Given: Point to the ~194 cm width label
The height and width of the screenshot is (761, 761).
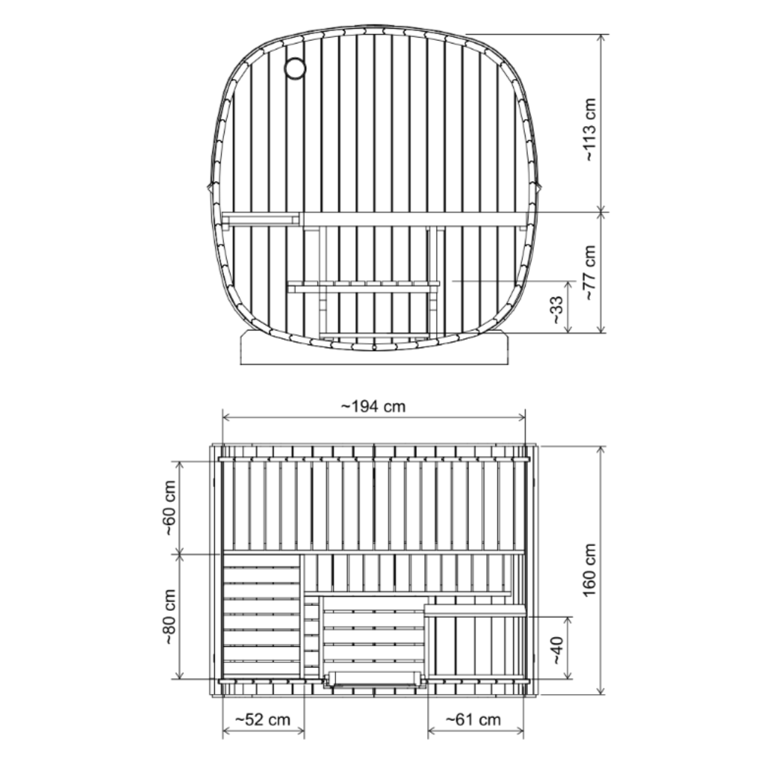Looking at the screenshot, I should pyautogui.click(x=373, y=407).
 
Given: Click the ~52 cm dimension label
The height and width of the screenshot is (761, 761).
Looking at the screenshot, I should pyautogui.click(x=263, y=719).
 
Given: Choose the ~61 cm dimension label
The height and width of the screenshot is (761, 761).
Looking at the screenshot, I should pyautogui.click(x=473, y=719).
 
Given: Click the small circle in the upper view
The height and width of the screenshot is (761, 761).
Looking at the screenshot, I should pyautogui.click(x=295, y=68).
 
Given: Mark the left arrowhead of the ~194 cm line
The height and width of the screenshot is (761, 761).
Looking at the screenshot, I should pyautogui.click(x=225, y=417).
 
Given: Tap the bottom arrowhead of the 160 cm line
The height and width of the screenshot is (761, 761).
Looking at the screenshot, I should pyautogui.click(x=600, y=691).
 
